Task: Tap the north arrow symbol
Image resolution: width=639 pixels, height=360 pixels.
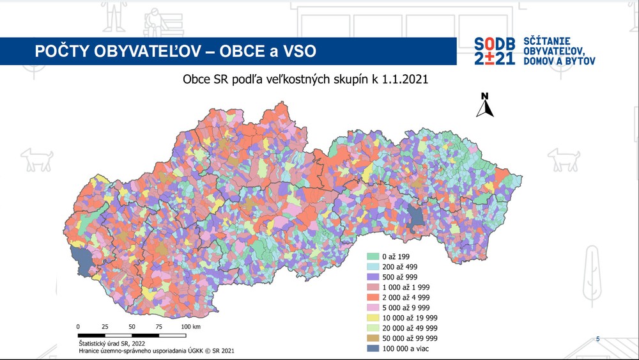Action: click(x=485, y=106)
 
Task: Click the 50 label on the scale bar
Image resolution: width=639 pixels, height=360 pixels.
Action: click(x=132, y=326)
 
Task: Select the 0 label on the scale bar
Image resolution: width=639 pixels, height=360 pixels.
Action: click(x=78, y=326)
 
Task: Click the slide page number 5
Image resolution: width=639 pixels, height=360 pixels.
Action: click(x=597, y=338)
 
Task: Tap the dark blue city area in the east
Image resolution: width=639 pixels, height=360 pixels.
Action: click(x=417, y=215)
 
